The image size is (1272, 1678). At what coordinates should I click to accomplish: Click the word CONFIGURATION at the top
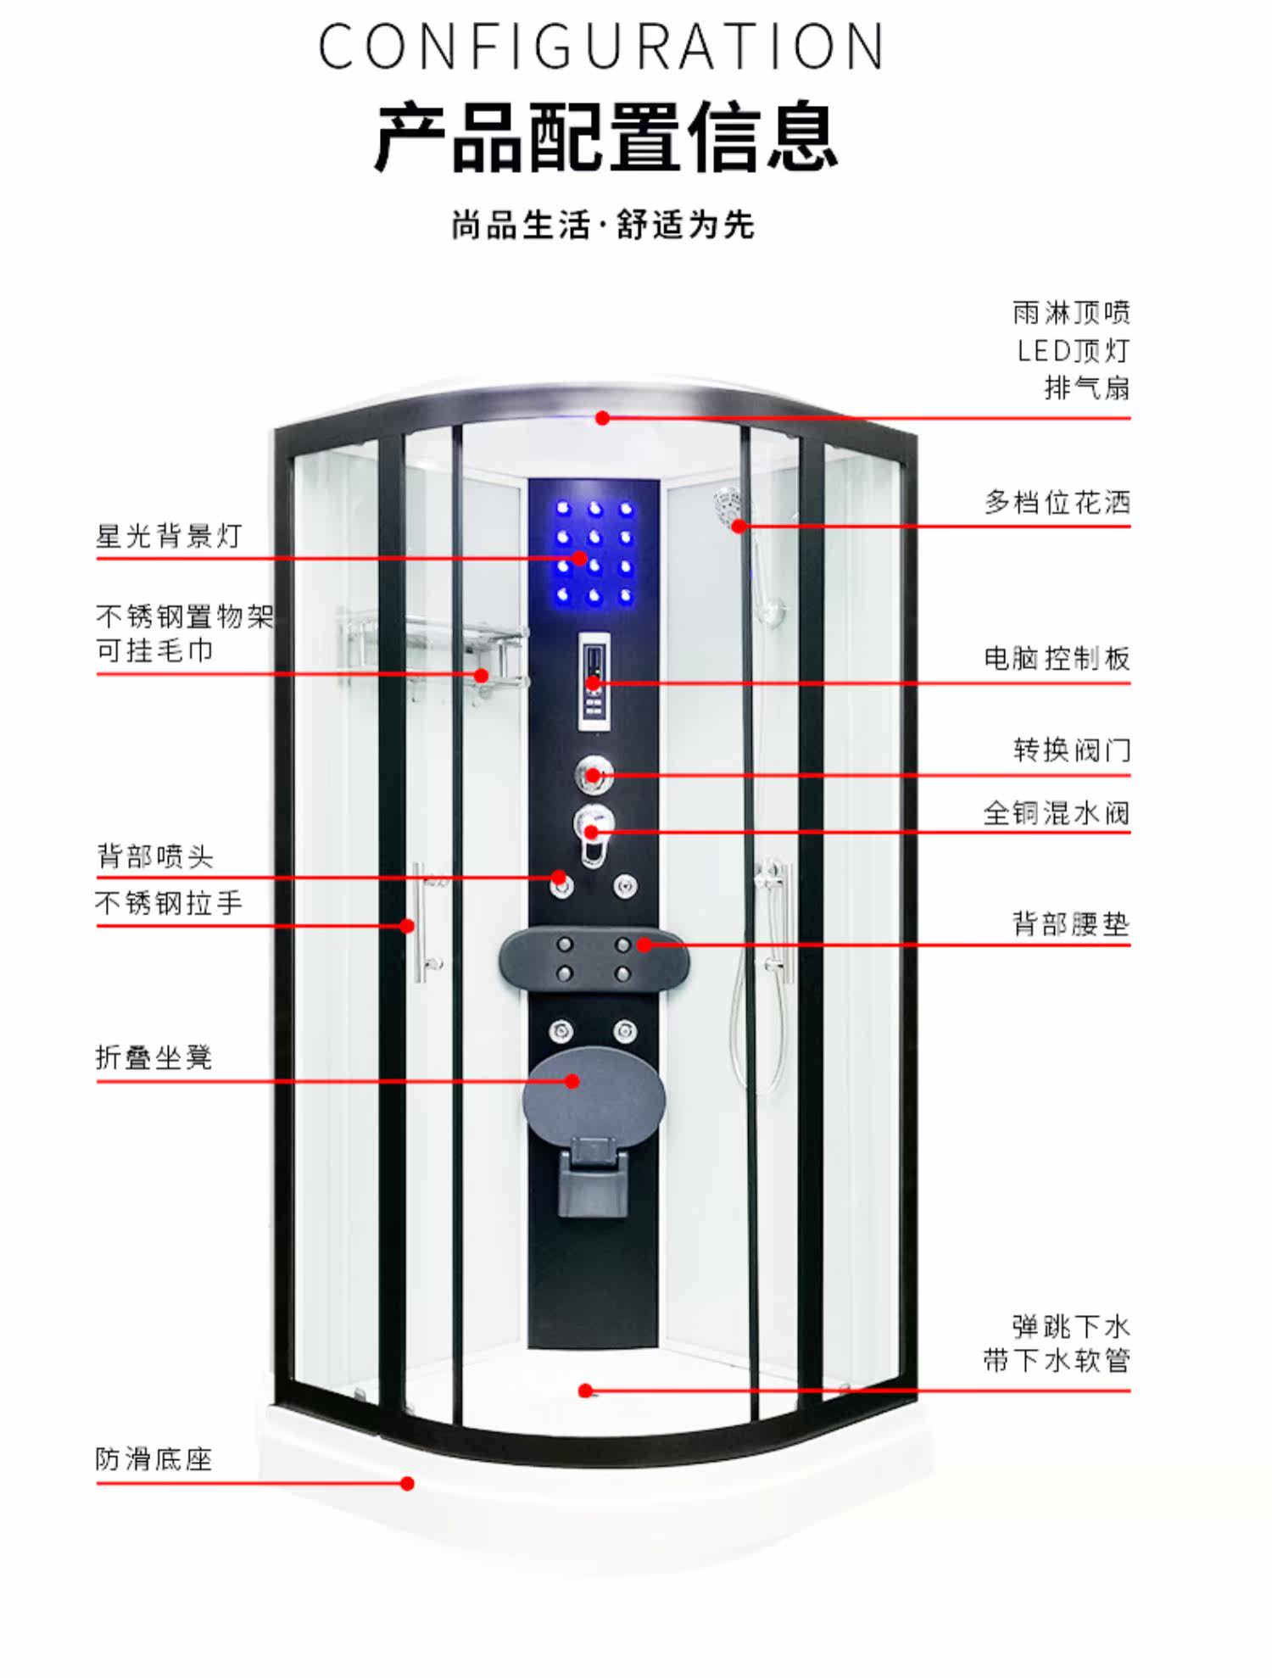tap(601, 47)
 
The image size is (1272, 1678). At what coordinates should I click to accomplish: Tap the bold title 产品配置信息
tap(606, 137)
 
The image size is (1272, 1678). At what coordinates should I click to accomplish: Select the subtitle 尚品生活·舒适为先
tap(603, 226)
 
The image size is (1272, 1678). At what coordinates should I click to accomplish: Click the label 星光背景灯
tap(170, 536)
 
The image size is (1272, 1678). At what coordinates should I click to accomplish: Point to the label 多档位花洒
tap(1057, 502)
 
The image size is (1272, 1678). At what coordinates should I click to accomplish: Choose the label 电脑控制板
tap(1057, 658)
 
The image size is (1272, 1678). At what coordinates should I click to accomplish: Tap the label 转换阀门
tap(1072, 750)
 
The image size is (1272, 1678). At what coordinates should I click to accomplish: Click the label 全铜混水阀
tap(1057, 813)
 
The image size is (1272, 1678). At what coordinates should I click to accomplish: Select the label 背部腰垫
tap(1072, 923)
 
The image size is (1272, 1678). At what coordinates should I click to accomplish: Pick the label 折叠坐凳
tap(154, 1057)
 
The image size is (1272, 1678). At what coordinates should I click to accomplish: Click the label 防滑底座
tap(154, 1458)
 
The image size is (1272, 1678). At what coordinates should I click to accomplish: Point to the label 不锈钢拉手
tap(170, 902)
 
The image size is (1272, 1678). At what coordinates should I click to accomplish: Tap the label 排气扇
tap(1087, 387)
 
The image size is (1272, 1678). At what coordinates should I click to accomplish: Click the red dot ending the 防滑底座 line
tap(407, 1483)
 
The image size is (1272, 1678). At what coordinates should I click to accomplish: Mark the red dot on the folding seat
tap(572, 1081)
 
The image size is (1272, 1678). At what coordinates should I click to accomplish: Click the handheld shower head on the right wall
tap(729, 507)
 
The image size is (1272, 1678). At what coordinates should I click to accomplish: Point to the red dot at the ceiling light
tap(602, 418)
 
